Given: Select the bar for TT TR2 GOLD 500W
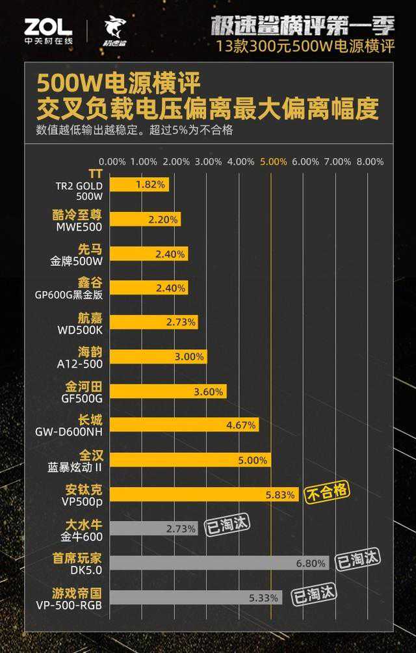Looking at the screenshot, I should (x=138, y=185).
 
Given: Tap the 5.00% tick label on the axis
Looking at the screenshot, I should (x=273, y=161).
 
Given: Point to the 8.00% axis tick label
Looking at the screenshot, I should (x=370, y=161).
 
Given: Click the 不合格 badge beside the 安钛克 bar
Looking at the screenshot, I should (x=328, y=492).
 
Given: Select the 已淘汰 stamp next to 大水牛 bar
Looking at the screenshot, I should (x=227, y=525).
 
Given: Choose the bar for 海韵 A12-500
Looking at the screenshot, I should (x=158, y=357).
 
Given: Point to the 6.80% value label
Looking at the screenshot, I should (x=310, y=563).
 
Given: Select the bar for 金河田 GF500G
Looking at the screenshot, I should (x=168, y=392).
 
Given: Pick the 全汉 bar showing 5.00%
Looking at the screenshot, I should (x=190, y=460).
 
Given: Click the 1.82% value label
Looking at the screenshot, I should (x=151, y=185).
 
